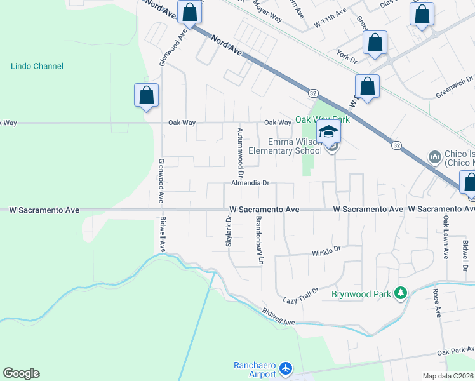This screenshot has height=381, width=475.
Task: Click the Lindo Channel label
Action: (x=37, y=66)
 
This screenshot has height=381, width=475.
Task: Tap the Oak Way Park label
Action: (x=322, y=119)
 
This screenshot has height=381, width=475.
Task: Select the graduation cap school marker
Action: (x=329, y=132)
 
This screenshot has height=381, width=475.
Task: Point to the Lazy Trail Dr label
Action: (x=300, y=294)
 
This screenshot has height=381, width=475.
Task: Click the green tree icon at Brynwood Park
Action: (x=400, y=293)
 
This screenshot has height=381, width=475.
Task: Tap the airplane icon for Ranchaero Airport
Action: (x=286, y=368)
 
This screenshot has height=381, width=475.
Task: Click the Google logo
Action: (x=21, y=373)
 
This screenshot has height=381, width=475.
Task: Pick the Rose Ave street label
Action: (x=436, y=303)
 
